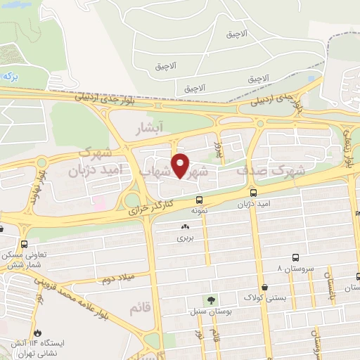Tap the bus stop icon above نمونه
[200, 199]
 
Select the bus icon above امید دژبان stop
[253, 192]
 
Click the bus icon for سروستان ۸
[295, 257]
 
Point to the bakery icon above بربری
[185, 227]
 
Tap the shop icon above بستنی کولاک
[265, 287]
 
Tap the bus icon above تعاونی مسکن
[25, 244]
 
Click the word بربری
[185, 238]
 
